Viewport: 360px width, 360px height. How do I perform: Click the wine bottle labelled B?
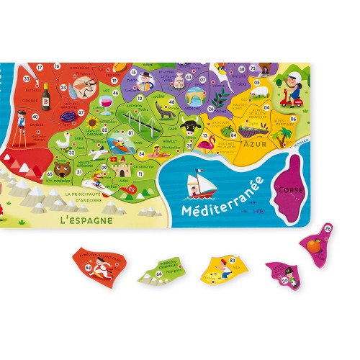tap(46, 94)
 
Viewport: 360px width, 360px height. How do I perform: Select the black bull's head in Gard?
tap(191, 130)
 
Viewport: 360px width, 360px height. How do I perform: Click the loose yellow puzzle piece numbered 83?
tap(224, 268)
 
